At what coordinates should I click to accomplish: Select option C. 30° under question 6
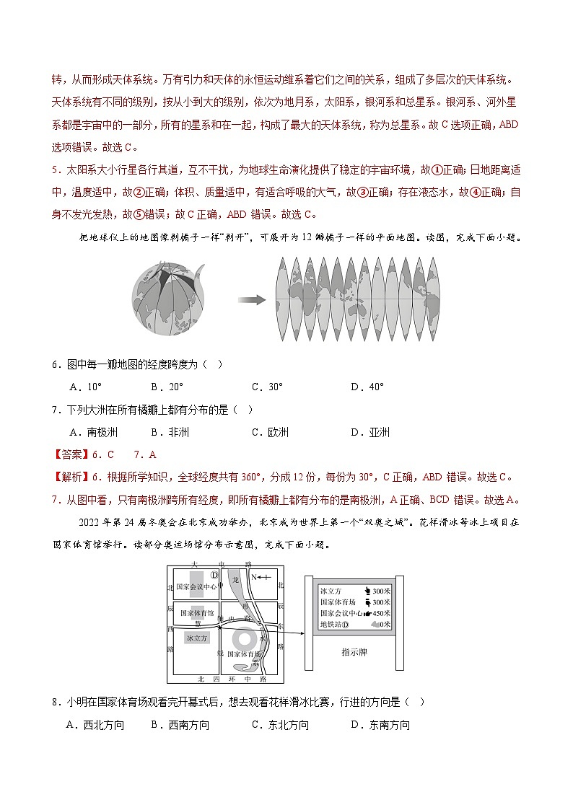(267, 387)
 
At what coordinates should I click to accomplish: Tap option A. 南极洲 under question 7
(94, 433)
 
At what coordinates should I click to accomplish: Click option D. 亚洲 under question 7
(370, 433)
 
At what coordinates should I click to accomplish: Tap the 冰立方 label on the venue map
(196, 638)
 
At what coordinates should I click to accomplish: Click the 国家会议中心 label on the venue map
(196, 586)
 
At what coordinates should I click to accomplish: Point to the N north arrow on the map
(258, 577)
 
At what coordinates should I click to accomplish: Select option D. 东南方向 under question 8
(380, 726)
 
